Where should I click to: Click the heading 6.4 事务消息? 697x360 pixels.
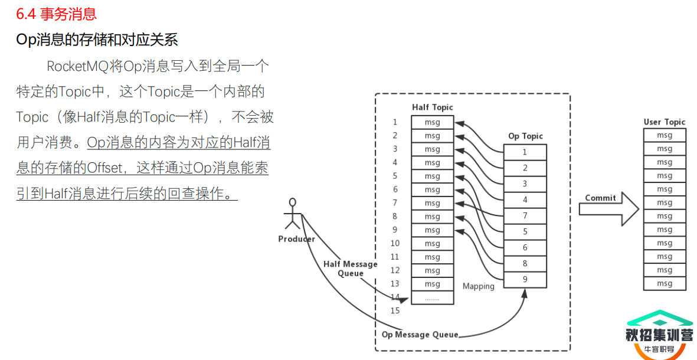(x=57, y=13)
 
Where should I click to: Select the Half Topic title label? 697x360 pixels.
(x=432, y=107)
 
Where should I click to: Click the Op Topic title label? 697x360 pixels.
(x=525, y=136)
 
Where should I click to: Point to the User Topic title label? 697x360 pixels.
(x=665, y=122)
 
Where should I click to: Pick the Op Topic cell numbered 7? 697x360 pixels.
(x=525, y=216)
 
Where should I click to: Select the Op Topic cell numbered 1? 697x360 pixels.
(x=525, y=152)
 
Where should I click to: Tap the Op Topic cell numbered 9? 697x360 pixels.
(x=525, y=280)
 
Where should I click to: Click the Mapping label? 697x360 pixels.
(x=478, y=286)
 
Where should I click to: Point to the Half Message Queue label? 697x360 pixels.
(x=350, y=269)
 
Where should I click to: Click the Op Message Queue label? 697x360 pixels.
(x=420, y=335)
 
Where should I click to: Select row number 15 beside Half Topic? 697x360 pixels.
(x=395, y=310)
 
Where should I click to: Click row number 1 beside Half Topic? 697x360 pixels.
(x=395, y=122)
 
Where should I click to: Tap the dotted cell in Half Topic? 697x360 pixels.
(x=432, y=298)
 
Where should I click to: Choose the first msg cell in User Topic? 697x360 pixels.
(x=665, y=135)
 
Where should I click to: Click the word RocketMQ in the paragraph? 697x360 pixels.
(x=77, y=66)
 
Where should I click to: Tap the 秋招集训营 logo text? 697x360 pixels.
(x=659, y=335)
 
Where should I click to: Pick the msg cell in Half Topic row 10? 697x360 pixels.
(x=432, y=244)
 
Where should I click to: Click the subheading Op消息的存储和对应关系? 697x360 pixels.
(x=97, y=40)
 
